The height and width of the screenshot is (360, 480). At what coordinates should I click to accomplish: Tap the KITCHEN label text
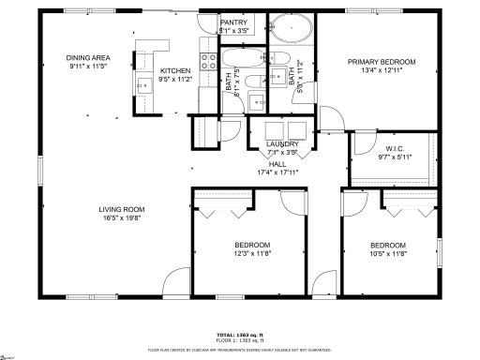pos(175,71)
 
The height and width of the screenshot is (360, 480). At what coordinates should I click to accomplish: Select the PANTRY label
pos(233,22)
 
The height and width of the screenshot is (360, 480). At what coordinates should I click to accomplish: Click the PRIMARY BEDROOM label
pos(382,62)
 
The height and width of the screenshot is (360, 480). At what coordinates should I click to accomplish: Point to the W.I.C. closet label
pos(395,148)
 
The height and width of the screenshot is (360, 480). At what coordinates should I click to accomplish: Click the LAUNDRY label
pos(282,143)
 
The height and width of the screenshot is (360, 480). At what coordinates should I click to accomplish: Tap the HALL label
pos(277,162)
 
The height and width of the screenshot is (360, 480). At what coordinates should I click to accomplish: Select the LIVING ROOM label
pos(123,209)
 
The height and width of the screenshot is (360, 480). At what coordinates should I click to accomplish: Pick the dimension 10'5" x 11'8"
pos(387,252)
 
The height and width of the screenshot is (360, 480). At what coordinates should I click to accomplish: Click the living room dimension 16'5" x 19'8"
pos(123,217)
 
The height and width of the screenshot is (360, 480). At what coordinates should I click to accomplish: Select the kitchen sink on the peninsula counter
pos(144,86)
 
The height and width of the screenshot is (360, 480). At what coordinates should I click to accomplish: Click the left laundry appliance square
pos(275,129)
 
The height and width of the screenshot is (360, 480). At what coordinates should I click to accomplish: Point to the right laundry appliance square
pos(297,129)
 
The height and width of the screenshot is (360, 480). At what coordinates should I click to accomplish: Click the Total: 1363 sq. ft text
pos(241,334)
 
